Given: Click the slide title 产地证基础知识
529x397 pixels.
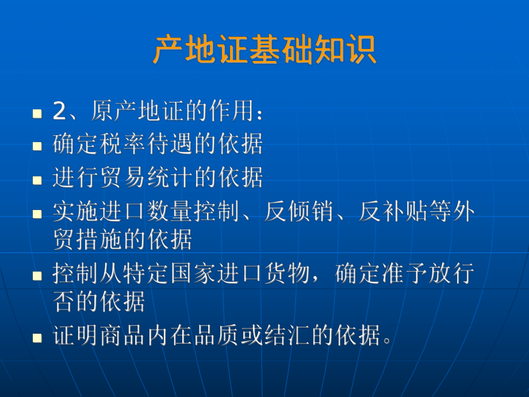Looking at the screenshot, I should pos(264,50).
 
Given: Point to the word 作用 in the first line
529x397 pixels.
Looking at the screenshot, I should pos(229,111).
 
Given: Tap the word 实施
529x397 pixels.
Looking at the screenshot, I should pos(76,212).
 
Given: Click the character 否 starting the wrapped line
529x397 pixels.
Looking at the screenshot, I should pos(64,301).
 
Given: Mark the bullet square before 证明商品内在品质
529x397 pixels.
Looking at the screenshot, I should pos(39,337).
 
